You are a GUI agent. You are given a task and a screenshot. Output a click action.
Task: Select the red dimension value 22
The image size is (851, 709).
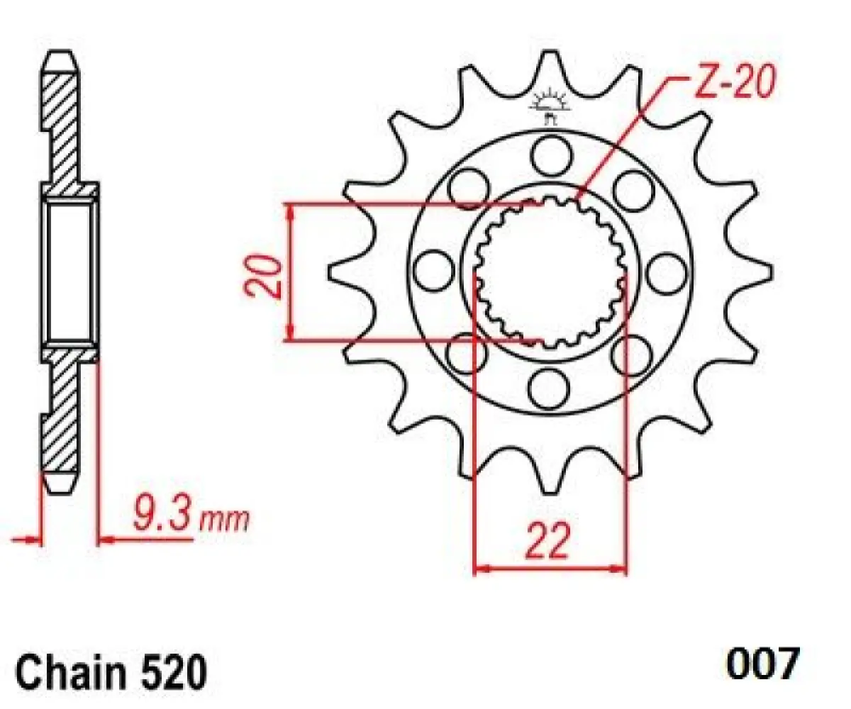pos(548,544)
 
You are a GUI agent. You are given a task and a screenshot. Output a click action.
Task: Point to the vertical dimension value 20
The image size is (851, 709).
pos(263,274)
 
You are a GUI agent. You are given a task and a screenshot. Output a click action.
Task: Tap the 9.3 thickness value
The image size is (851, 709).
pos(162,517)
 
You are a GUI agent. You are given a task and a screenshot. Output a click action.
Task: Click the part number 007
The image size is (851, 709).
pos(762,665)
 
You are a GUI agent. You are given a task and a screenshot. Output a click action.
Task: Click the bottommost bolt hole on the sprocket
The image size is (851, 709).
pos(550,388)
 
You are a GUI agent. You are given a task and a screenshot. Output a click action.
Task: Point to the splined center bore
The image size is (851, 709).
pos(550,272)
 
